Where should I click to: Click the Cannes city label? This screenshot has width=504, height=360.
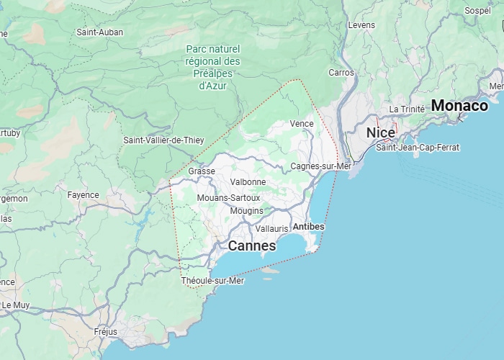point(251,246)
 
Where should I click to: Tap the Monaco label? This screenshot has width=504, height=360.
point(459,106)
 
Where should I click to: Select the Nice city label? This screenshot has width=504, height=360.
point(380,133)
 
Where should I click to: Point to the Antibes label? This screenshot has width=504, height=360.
point(309,227)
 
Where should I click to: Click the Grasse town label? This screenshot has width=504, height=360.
point(202,171)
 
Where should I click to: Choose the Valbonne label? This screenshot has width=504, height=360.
point(248,182)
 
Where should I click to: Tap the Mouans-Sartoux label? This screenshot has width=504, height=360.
point(228,197)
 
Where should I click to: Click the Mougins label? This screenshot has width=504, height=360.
point(246,211)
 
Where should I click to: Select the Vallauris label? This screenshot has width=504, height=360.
point(271,228)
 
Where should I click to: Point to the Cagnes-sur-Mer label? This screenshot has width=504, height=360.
point(320,166)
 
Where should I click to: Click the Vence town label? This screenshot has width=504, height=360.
point(302,124)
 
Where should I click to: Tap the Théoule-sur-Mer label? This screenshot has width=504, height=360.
point(213,281)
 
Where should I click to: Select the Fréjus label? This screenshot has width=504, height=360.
point(105,332)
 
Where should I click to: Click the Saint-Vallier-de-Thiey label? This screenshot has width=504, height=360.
point(163,140)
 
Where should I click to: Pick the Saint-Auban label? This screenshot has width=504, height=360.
point(99,32)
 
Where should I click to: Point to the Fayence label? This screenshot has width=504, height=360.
point(83,195)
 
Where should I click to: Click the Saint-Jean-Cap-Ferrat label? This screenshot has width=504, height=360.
point(418,148)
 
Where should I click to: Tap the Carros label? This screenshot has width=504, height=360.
point(341,73)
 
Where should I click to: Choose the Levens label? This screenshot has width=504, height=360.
point(361,25)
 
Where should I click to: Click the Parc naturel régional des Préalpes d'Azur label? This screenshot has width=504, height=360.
point(212,67)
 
